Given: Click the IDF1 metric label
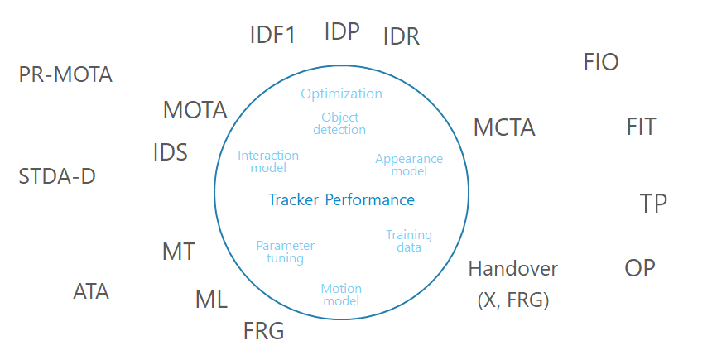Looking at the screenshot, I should coord(272,35).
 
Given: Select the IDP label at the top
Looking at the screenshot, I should coord(342,31).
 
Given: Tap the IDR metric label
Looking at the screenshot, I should coord(402,36).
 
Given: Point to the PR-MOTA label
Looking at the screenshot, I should coord(65,75).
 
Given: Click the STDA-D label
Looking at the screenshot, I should coord(57,176).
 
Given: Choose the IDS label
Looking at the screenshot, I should coord(171,153).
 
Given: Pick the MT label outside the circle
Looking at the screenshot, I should coord(179,252).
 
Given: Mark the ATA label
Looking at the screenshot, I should coord(91,291).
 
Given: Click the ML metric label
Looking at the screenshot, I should coord(211,300).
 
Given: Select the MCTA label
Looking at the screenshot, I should coord(504,128).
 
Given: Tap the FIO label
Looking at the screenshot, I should coord(601,62).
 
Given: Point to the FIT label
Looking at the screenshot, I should coord(641,127).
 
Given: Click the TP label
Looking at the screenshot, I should coord(653,204).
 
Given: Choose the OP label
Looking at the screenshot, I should coord(639,268).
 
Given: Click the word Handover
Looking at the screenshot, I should coord(513,269).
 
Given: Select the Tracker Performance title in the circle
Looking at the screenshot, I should coord(341,199).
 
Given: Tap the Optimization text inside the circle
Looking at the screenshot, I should coord(341,94).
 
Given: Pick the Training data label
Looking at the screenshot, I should coord(409,241).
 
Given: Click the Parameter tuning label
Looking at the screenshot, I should coord(285,252).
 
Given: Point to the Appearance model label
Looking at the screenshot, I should coord(409,165).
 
